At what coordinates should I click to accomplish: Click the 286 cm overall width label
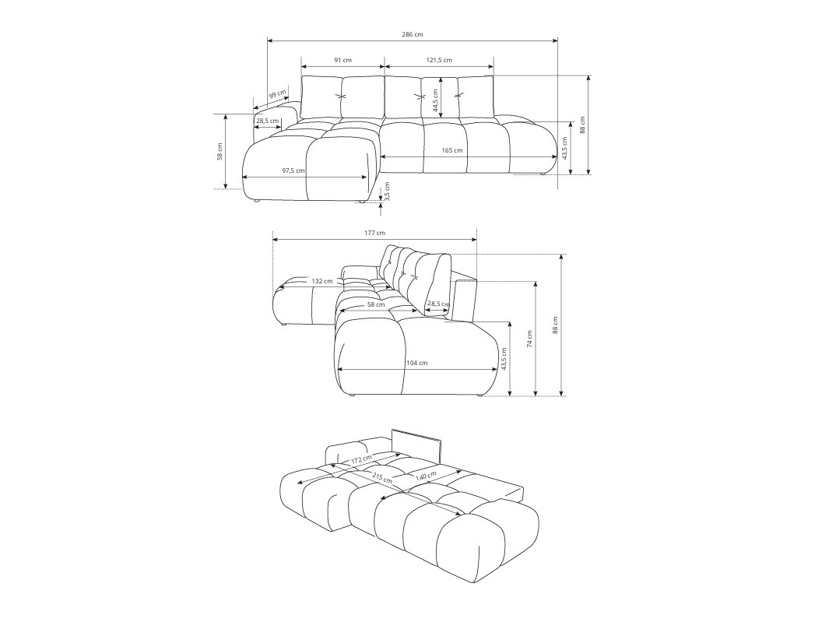(x=413, y=34)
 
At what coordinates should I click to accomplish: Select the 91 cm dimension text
(x=342, y=60)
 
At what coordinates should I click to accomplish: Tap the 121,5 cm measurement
(x=439, y=60)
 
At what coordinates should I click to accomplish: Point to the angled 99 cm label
(x=277, y=95)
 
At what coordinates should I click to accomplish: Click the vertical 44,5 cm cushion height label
(x=435, y=99)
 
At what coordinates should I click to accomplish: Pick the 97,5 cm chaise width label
(x=293, y=170)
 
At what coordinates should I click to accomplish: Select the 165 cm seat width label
(x=452, y=150)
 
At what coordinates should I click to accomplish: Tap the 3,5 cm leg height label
(x=387, y=191)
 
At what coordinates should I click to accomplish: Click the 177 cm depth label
(x=374, y=233)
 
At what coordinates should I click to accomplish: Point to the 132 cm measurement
(x=322, y=281)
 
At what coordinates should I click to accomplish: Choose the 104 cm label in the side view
(x=416, y=363)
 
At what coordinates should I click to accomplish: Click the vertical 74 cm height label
(x=529, y=338)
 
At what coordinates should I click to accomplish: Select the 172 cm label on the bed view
(x=360, y=460)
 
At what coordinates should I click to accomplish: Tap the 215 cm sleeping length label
(x=381, y=477)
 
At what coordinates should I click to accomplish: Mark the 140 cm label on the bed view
(x=425, y=476)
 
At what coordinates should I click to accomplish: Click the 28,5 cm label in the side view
(x=438, y=304)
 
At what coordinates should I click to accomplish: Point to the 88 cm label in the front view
(x=582, y=125)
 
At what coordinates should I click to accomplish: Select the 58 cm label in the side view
(x=376, y=304)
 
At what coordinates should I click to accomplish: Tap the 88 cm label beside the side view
(x=555, y=325)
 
